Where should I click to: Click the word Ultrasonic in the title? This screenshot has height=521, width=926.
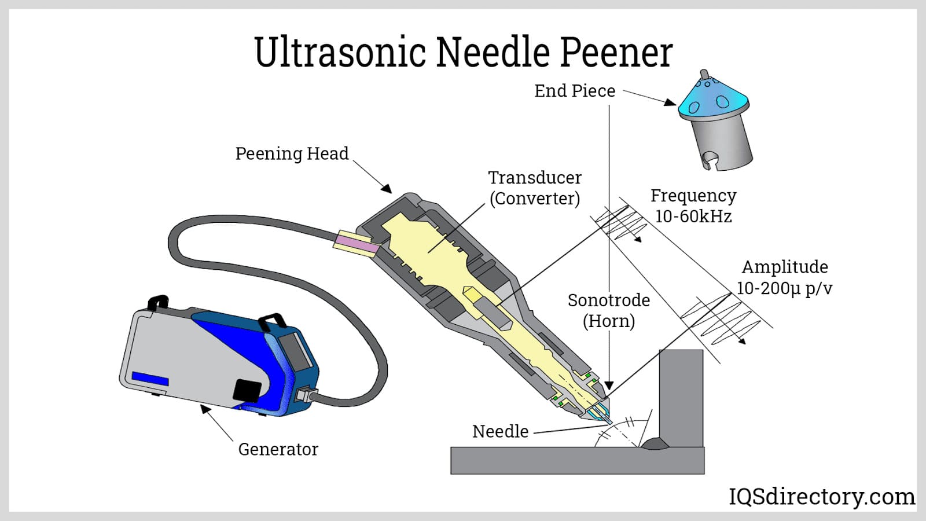click(340, 52)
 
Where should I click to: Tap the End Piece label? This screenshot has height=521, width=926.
click(574, 91)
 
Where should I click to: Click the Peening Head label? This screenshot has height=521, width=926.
click(292, 153)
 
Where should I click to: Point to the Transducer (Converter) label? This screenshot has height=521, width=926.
click(535, 188)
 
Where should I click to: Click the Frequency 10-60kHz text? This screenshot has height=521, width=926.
click(693, 206)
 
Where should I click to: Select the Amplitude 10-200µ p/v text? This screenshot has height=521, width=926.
click(784, 277)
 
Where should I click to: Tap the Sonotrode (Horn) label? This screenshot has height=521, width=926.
click(608, 310)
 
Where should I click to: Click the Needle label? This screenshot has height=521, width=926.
click(500, 431)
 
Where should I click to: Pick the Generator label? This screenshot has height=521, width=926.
click(278, 449)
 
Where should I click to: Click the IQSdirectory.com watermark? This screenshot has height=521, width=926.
click(821, 497)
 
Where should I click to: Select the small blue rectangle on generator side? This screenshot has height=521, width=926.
click(150, 379)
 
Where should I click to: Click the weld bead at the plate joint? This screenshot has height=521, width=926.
click(655, 444)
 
